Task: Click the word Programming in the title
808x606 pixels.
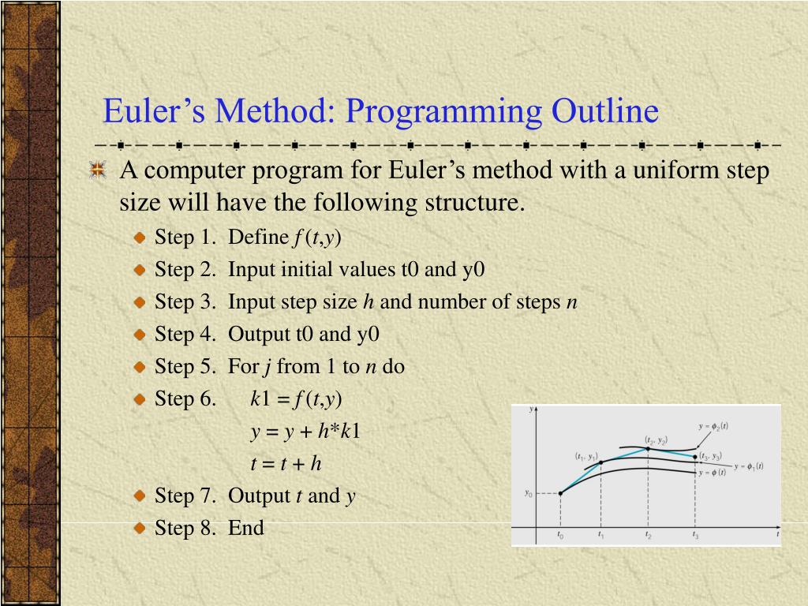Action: (440, 111)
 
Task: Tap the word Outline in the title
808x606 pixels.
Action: (605, 111)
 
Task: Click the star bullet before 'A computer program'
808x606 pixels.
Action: (97, 170)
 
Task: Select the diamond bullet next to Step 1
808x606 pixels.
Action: (140, 238)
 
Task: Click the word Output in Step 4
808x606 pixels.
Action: (260, 335)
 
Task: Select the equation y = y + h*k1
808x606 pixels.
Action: (305, 432)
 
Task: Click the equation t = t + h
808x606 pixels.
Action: (286, 464)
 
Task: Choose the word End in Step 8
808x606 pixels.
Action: (246, 528)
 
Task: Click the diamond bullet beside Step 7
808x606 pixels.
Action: (140, 496)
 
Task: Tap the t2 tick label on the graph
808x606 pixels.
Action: (648, 536)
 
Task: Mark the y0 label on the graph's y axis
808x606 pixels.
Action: (529, 494)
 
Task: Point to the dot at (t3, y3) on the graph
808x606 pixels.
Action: (695, 456)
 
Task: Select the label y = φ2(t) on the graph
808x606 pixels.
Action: (714, 425)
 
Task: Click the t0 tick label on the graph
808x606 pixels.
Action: (560, 536)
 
